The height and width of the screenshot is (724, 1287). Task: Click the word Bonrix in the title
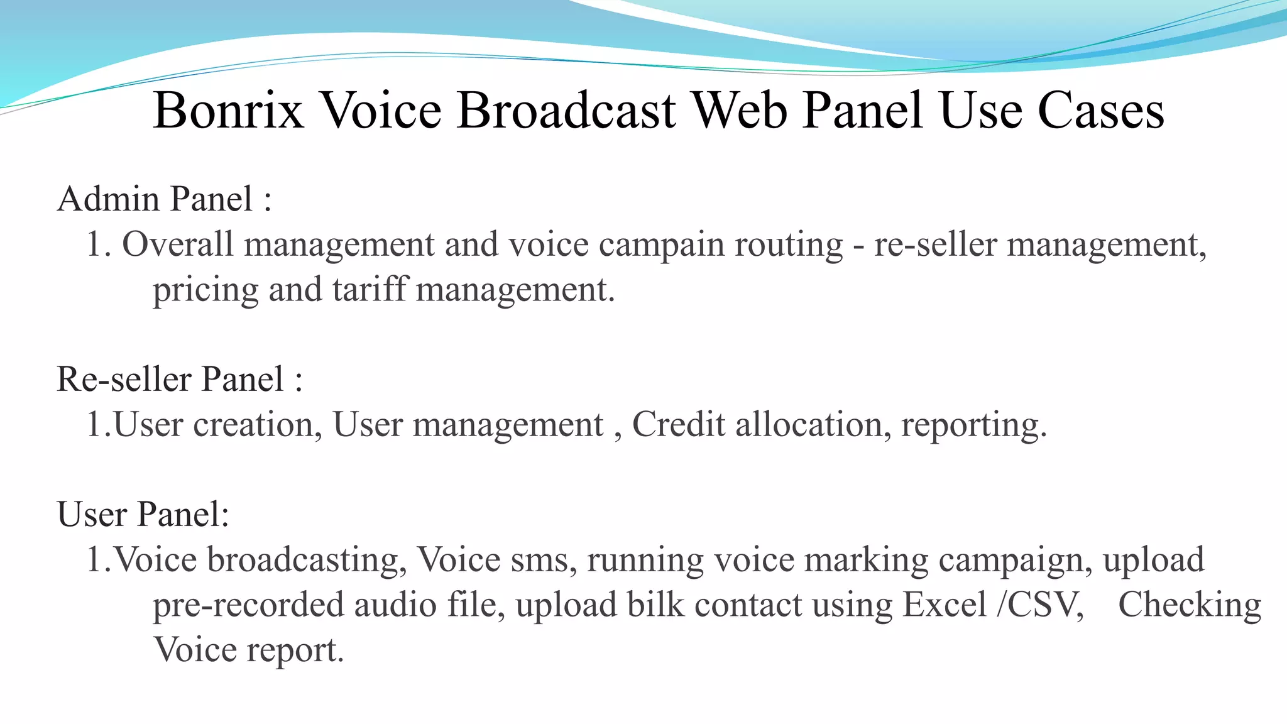pos(228,111)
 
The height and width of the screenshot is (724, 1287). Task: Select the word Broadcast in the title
pos(566,111)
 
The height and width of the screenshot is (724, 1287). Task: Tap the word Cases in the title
pos(1100,111)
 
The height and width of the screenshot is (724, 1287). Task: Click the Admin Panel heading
pos(164,199)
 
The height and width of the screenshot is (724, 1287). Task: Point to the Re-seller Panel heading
pos(180,380)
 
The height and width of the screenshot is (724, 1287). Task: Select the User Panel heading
pos(143,515)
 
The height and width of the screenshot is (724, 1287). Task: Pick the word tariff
pos(370,290)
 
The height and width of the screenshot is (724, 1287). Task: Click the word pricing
pos(205,291)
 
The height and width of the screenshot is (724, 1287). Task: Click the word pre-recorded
pos(248,605)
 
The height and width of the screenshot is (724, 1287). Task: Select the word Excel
pos(945,605)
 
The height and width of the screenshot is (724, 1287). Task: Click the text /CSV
pos(1041,605)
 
